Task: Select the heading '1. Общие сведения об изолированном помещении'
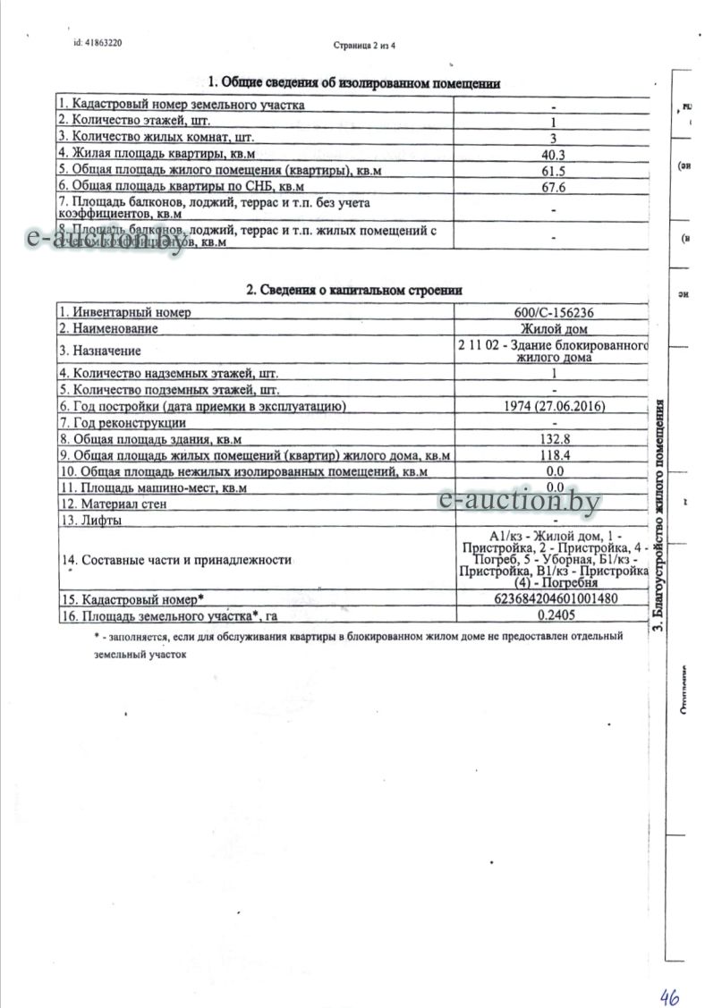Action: (x=353, y=83)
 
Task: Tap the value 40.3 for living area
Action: (x=554, y=155)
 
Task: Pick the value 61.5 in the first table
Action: (x=554, y=171)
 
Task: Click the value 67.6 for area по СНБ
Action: (x=554, y=187)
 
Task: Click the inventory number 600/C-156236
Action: (x=554, y=312)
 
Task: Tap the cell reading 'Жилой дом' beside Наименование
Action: (x=554, y=328)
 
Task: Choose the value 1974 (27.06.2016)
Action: (x=554, y=406)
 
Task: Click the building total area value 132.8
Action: (x=554, y=439)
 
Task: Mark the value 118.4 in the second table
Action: (x=554, y=455)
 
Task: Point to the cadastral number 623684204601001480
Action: (x=554, y=598)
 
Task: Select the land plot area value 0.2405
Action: (x=554, y=615)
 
